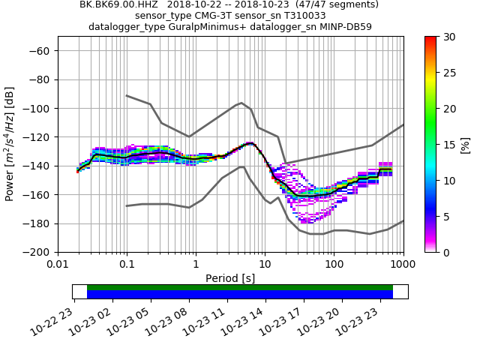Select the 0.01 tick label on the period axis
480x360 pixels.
click(x=58, y=265)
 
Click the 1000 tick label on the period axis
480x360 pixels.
click(x=403, y=265)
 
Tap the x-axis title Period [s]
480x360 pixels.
click(x=230, y=277)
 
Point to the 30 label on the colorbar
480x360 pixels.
click(x=448, y=37)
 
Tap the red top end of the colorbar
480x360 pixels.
click(x=430, y=39)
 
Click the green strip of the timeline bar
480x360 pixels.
click(x=240, y=287)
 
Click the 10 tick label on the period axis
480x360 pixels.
click(x=265, y=265)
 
